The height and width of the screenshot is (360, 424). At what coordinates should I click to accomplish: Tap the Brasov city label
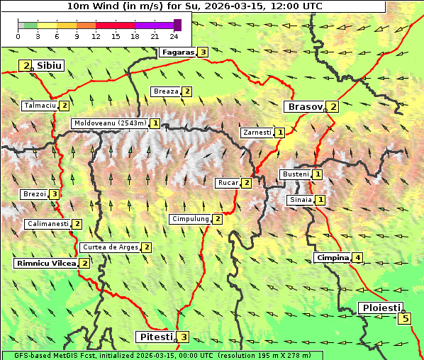[303, 107]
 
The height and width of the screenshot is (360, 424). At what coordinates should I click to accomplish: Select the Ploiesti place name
[381, 308]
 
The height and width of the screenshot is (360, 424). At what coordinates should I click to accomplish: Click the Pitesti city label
[155, 337]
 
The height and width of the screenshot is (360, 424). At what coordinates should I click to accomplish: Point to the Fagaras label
[177, 52]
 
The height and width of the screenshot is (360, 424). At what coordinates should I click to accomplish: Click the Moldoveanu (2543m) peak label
[110, 123]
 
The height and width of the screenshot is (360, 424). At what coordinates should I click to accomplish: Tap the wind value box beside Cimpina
[358, 257]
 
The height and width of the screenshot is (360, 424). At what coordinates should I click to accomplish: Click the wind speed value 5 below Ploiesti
[405, 318]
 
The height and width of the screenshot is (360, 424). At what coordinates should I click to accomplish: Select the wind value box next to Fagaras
[203, 52]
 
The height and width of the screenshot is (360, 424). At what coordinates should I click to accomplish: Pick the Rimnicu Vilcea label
[45, 263]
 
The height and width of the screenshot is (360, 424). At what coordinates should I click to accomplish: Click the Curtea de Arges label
[109, 247]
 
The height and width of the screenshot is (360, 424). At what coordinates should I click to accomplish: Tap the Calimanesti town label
[48, 224]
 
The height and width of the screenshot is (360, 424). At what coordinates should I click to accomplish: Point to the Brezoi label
[34, 194]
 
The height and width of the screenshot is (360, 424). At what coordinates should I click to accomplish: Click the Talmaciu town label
[40, 106]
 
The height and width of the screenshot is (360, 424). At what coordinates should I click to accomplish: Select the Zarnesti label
[257, 133]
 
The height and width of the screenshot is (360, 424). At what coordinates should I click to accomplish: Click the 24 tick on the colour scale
[174, 37]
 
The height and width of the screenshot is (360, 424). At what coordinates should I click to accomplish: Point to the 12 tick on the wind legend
[96, 37]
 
